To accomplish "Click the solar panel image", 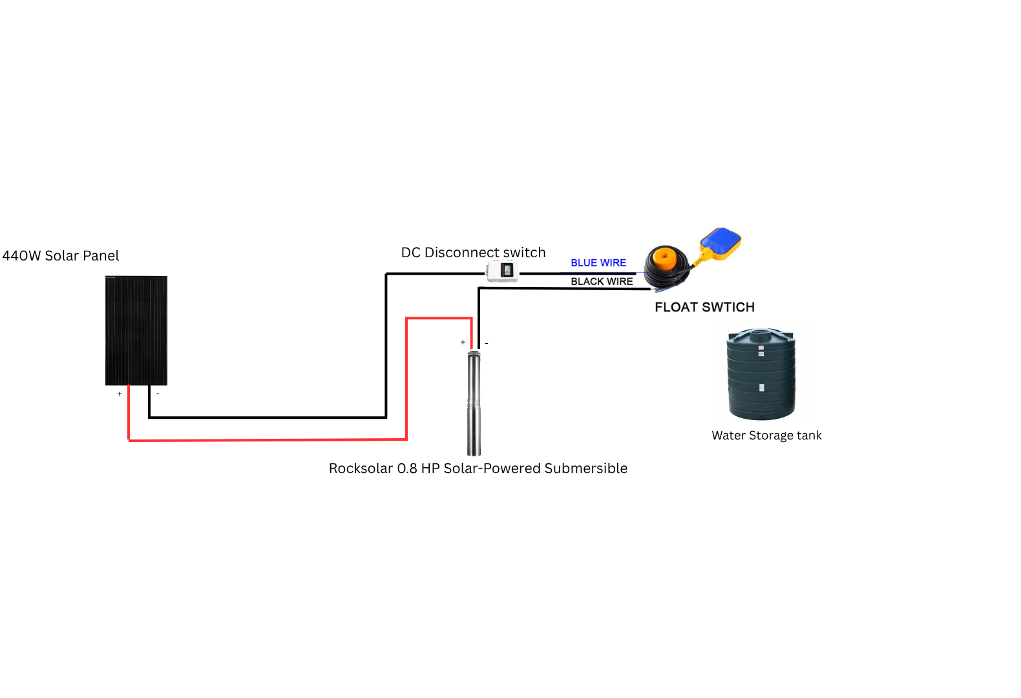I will pyautogui.click(x=136, y=330).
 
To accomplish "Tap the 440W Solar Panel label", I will pyautogui.click(x=61, y=256).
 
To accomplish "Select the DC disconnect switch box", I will pyautogui.click(x=503, y=271).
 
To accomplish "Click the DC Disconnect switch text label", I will pyautogui.click(x=473, y=253).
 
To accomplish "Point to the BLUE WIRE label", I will pyautogui.click(x=598, y=263).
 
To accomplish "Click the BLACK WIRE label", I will pyautogui.click(x=602, y=282).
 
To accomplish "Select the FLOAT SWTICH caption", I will pyautogui.click(x=704, y=308).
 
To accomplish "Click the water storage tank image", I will pyautogui.click(x=761, y=374).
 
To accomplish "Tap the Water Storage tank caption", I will pyautogui.click(x=766, y=436).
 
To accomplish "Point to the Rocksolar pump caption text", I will pyautogui.click(x=478, y=469).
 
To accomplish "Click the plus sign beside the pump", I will pyautogui.click(x=463, y=342).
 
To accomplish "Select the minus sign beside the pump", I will pyautogui.click(x=487, y=343).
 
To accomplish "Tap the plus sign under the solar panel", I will pyautogui.click(x=120, y=394).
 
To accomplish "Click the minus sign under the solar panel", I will pyautogui.click(x=158, y=394).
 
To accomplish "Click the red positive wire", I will pyautogui.click(x=268, y=439).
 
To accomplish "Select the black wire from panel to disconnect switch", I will pyautogui.click(x=268, y=418).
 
